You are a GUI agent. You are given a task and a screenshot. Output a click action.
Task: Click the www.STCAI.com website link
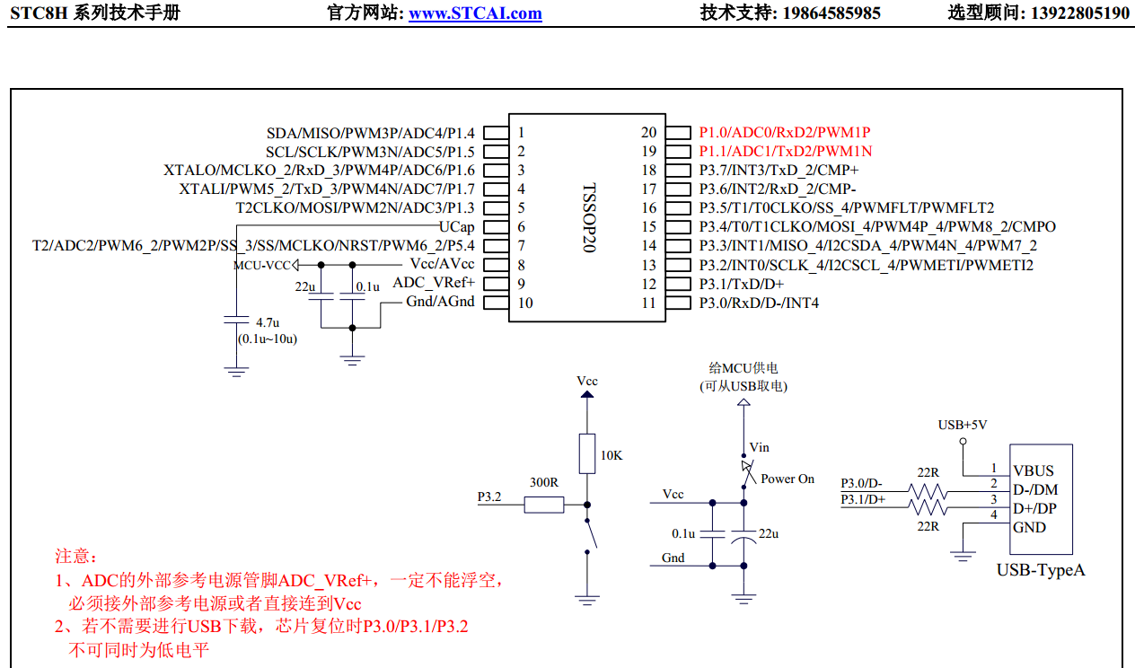(x=475, y=13)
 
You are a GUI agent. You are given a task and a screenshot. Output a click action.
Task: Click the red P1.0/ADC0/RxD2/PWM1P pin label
(x=785, y=132)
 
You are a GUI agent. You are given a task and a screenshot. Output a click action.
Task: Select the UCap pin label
(x=456, y=226)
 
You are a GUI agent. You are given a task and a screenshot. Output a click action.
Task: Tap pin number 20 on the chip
(x=648, y=132)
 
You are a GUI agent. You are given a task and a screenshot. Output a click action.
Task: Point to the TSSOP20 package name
(x=588, y=218)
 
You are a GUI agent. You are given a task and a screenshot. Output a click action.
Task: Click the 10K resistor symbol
(x=586, y=453)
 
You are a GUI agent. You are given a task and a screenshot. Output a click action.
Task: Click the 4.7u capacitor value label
(x=268, y=321)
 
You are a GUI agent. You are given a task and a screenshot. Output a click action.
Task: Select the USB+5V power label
(x=963, y=425)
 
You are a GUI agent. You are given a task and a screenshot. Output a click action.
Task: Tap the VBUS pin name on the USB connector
(x=1034, y=470)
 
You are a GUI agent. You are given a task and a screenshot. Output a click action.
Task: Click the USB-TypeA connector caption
(x=1041, y=570)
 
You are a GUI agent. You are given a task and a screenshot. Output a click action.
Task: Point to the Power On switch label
(x=787, y=479)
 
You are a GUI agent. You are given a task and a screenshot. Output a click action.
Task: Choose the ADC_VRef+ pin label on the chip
(x=434, y=283)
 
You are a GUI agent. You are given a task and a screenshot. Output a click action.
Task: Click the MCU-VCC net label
(x=262, y=265)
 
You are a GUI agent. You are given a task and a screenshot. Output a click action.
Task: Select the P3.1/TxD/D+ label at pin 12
(x=742, y=284)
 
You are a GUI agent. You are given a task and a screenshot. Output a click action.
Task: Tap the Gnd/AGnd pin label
(x=440, y=302)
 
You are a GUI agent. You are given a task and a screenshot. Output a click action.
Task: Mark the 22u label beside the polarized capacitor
(x=769, y=533)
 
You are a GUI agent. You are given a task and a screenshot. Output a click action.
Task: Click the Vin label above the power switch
(x=759, y=447)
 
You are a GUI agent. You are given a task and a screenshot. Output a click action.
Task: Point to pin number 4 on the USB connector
(x=993, y=514)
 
